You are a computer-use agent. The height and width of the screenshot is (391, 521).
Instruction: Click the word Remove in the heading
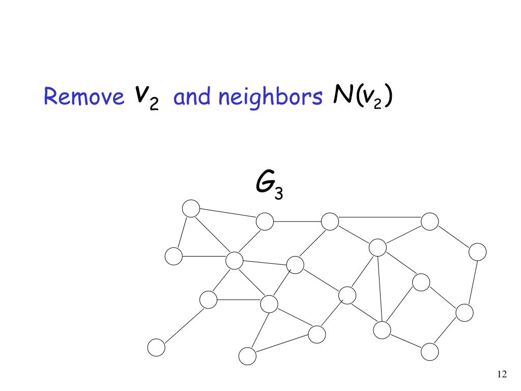pos(84,97)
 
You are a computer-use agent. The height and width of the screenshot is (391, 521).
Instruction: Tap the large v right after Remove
pos(142,94)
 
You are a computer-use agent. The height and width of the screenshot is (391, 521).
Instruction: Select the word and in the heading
pos(193,97)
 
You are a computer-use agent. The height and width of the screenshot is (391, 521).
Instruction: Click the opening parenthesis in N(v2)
pos(359,97)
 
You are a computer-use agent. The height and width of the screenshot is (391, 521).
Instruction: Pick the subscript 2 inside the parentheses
pos(379,100)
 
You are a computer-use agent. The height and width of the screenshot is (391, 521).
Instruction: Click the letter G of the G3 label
pos(264,183)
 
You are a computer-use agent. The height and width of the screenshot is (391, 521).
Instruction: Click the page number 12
pos(501,375)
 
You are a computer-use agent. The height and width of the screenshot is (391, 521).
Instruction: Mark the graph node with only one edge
pos(156,348)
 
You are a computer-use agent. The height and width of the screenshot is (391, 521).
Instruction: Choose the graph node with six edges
pos(234,261)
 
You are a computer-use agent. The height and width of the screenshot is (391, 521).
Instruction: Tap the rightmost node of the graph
pos(477,251)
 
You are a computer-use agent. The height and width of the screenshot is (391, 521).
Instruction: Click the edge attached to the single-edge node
pos(182,324)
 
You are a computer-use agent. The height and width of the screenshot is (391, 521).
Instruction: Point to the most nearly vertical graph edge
pos(380,289)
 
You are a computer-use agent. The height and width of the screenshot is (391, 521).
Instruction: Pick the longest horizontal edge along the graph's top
pos(380,217)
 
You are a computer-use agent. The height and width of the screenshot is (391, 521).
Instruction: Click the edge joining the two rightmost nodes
pos(471,282)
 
